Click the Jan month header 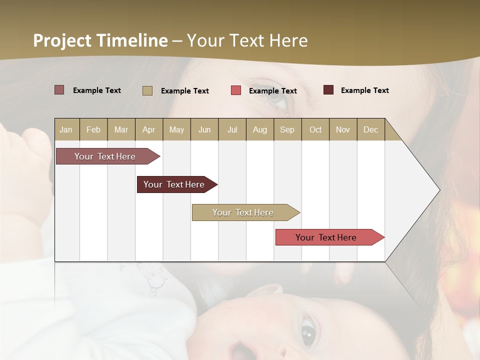click(66, 129)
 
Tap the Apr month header click(149, 129)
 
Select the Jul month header click(232, 129)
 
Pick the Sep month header click(287, 129)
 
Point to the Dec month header click(370, 129)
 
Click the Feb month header click(93, 129)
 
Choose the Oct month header click(315, 129)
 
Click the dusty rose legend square click(59, 90)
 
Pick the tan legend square click(147, 90)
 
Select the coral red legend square click(236, 90)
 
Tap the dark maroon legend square click(328, 90)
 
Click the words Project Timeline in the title click(100, 40)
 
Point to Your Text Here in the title click(247, 40)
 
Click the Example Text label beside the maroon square click(364, 90)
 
